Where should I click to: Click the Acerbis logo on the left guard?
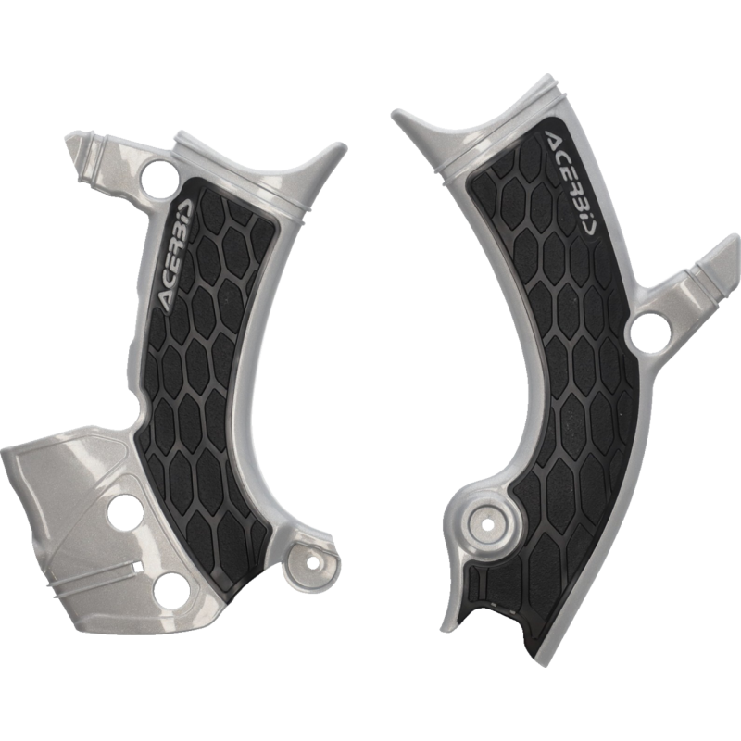point(175,254)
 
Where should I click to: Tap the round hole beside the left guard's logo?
point(159,175)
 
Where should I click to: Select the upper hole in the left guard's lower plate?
point(122,511)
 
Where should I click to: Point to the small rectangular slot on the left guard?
point(137,566)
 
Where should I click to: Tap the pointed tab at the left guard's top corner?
point(75,151)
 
